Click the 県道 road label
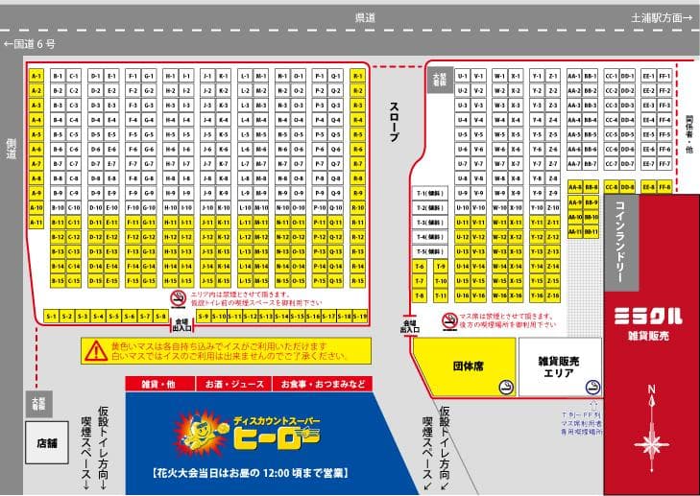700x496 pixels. click(x=365, y=17)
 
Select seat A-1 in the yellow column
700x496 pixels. click(x=36, y=76)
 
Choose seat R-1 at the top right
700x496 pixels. click(x=358, y=76)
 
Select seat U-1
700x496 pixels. click(x=463, y=76)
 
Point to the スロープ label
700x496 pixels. click(x=393, y=123)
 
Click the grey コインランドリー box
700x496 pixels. click(x=619, y=241)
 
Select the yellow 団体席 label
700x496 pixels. click(x=467, y=366)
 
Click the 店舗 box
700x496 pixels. click(x=47, y=442)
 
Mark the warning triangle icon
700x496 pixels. click(x=95, y=350)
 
